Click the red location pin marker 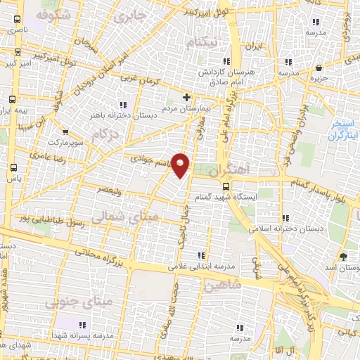click(x=181, y=165)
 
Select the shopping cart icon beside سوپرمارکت click(x=65, y=131)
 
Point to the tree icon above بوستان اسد click(x=343, y=257)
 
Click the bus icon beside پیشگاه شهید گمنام click(x=225, y=186)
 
